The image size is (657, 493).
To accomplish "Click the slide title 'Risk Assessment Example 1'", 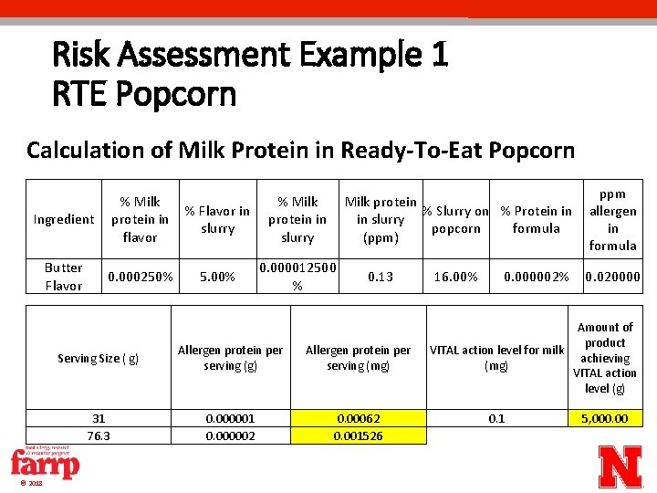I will tap(250, 55).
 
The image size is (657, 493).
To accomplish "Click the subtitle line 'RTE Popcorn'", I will tap(144, 93).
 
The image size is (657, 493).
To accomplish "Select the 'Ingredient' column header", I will tap(64, 219).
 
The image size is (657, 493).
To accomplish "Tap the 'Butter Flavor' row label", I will tap(64, 277).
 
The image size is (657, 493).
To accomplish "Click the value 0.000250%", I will tap(141, 277).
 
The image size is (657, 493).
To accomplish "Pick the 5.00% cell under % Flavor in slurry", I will tap(217, 277).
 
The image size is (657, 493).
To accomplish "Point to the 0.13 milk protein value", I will tap(380, 277).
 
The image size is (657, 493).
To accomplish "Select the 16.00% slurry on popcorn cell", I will tap(455, 277).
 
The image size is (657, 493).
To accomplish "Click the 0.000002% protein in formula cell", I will tap(537, 277).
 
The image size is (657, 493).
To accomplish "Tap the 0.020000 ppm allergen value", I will tap(612, 277).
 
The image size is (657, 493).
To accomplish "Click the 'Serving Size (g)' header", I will tap(99, 359).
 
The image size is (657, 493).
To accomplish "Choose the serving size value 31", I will tap(99, 418).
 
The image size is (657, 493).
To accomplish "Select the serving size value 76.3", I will tap(99, 435).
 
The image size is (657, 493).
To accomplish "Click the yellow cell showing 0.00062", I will tap(359, 418).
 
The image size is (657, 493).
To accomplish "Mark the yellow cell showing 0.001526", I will tap(359, 435).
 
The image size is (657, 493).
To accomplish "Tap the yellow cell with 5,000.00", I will tap(605, 418).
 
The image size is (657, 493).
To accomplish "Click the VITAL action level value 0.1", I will tap(496, 418).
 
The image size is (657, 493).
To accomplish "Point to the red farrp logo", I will tap(45, 465).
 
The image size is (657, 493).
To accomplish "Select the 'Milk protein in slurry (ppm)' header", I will tap(381, 219).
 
